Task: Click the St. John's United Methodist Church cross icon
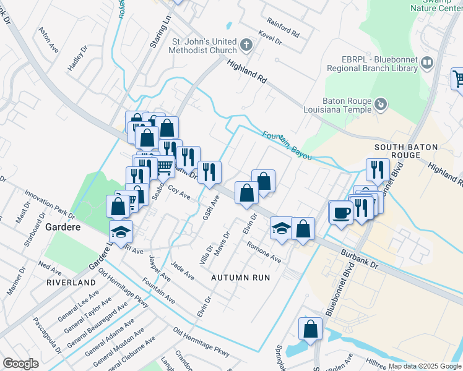pyautogui.click(x=246, y=45)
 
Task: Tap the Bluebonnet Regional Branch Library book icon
pyautogui.click(x=427, y=62)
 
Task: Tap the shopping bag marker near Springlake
pyautogui.click(x=311, y=329)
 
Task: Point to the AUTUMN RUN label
pyautogui.click(x=241, y=278)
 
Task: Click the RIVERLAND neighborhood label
pyautogui.click(x=71, y=282)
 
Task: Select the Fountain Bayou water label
pyautogui.click(x=286, y=145)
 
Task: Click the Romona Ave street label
pyautogui.click(x=264, y=252)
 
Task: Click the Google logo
pyautogui.click(x=20, y=364)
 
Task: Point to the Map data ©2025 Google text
pyautogui.click(x=425, y=366)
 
